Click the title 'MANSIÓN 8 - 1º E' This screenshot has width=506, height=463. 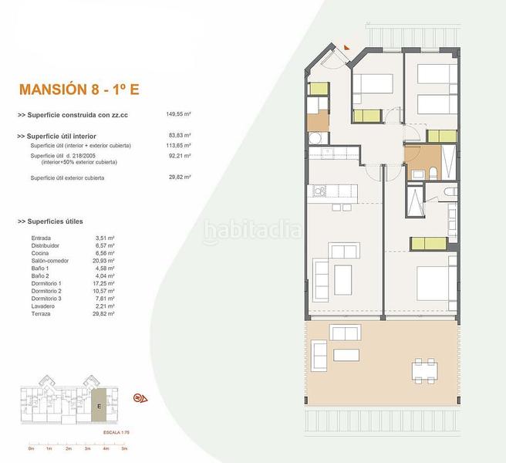[77, 89]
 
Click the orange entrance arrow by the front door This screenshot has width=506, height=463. [348, 48]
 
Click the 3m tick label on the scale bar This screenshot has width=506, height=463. [86, 448]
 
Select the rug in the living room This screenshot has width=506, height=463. [333, 275]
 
